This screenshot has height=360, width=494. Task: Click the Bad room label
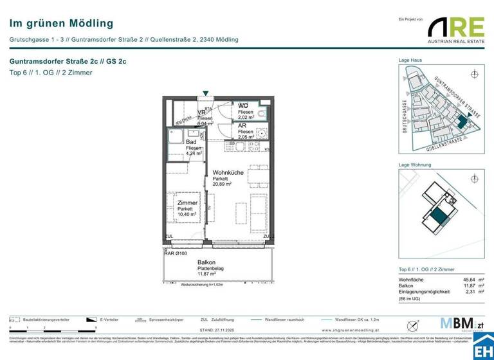click(x=191, y=142)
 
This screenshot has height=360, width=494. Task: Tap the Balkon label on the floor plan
click(x=206, y=262)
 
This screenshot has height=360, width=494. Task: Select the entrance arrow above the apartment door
click(x=205, y=94)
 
